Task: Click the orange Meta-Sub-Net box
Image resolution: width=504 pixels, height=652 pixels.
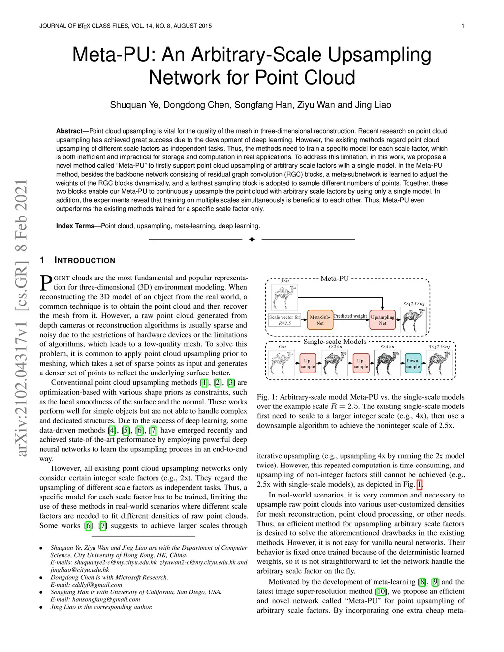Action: click(320, 320)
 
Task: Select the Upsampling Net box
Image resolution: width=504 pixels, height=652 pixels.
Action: click(382, 320)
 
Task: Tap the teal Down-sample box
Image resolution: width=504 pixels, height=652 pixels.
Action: click(413, 363)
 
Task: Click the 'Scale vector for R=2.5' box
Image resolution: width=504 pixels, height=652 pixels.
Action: click(284, 320)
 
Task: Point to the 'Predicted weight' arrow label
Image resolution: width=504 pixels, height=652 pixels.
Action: click(350, 316)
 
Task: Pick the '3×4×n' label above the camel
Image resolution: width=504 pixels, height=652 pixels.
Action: click(387, 347)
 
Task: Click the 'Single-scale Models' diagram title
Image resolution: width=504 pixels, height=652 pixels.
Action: click(335, 342)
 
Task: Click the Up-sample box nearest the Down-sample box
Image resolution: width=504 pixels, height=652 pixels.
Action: click(361, 363)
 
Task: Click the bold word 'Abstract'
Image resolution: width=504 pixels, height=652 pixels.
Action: click(69, 131)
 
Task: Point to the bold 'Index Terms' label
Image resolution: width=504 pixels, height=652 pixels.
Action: click(75, 226)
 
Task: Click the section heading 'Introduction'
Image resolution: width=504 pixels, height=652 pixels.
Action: click(85, 260)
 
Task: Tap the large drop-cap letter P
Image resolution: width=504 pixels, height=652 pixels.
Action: click(46, 282)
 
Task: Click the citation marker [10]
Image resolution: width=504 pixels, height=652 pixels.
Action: click(381, 591)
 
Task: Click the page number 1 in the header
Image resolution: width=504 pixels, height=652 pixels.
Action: click(463, 26)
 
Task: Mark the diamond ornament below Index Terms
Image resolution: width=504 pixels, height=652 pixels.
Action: click(252, 239)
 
